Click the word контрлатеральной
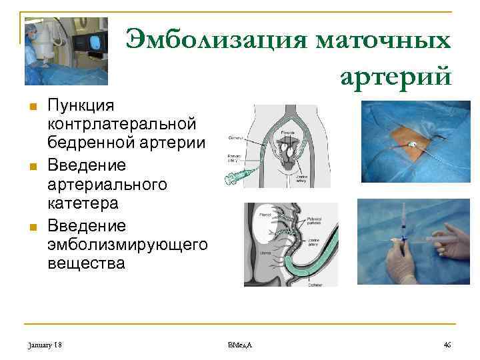coord(121,123)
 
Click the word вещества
coord(86,263)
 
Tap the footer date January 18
coord(46,343)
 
